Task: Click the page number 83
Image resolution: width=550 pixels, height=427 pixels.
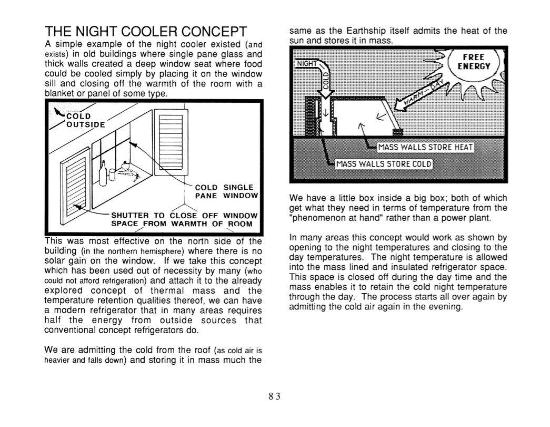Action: pos(275,396)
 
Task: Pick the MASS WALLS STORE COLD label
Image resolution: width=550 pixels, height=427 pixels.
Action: pos(384,163)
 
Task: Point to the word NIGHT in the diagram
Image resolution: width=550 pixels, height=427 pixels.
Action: pos(307,64)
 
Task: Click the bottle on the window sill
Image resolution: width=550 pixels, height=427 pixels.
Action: pos(103,171)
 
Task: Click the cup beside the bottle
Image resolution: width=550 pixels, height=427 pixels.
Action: pos(111,176)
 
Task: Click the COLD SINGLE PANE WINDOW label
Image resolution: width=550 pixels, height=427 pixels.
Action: pos(226,191)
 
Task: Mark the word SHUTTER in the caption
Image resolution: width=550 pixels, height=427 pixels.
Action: pos(130,216)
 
